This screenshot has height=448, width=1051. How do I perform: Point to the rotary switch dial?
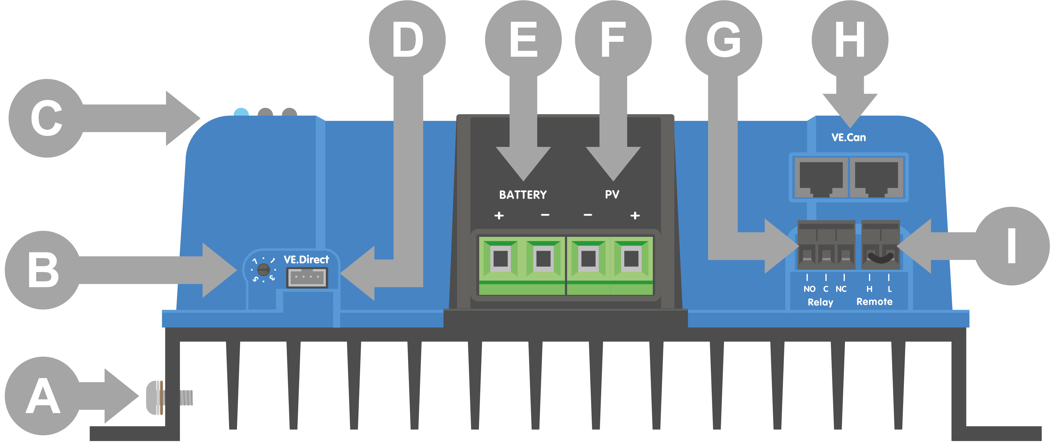263,269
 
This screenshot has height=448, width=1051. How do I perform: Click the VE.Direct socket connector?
307,277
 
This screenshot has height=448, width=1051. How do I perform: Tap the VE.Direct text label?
306,260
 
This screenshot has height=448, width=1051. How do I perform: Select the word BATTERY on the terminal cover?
523,195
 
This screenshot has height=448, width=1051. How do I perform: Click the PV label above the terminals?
612,194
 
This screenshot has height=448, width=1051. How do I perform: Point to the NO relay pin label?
809,289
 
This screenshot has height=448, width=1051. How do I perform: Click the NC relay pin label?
841,289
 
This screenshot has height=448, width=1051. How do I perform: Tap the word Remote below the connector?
874,302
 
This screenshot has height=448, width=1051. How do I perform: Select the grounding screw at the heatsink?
169,398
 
